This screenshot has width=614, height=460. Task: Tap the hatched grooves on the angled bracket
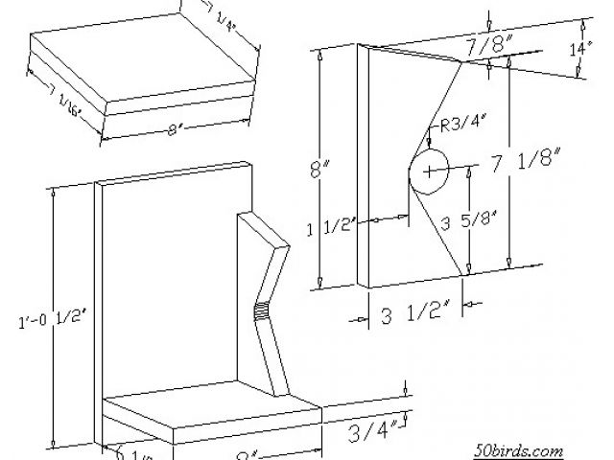(261, 310)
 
